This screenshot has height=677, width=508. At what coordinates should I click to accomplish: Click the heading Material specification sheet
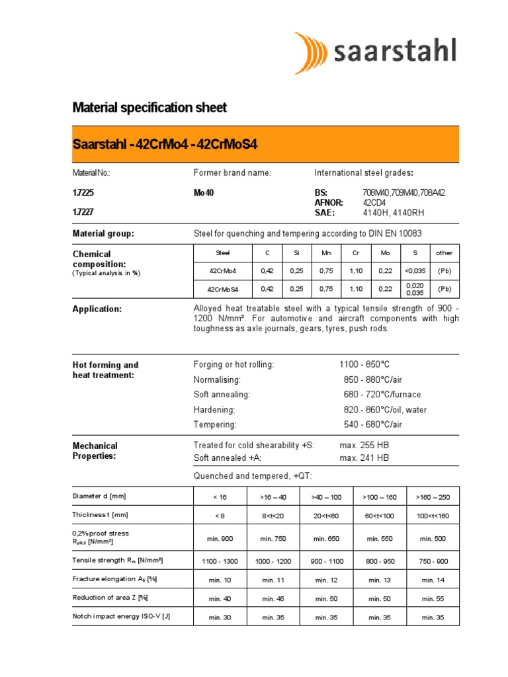pos(149,107)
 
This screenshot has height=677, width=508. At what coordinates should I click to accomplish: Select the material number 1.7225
pos(83,192)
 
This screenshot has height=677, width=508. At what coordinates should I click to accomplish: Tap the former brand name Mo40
pos(204,192)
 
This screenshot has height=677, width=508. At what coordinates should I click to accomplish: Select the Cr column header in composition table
pos(357,253)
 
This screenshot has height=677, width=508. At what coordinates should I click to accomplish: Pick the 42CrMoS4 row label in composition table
pos(223,289)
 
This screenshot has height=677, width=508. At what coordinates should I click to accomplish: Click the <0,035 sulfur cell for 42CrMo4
pos(415,270)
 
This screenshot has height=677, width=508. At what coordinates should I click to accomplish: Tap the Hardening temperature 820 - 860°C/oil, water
pos(385,410)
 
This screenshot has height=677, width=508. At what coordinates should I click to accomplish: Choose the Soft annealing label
pos(222,395)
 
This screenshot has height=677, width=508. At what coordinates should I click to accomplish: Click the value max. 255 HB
pos(364,445)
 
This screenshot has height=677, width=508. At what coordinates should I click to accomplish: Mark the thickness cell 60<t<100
pos(380,515)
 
